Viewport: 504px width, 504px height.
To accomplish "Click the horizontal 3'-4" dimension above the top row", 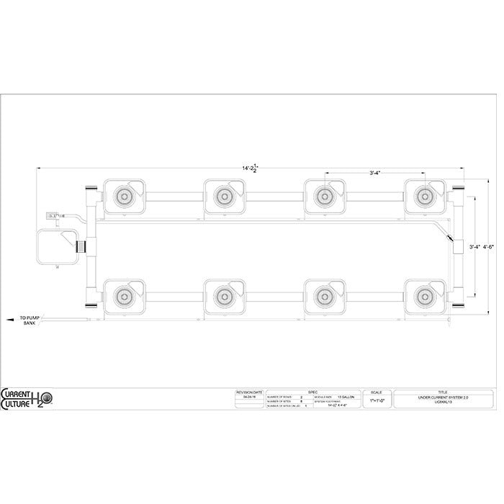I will (375, 173).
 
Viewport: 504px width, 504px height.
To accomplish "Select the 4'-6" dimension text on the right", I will (488, 246).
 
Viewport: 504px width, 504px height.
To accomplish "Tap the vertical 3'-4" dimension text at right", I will (474, 246).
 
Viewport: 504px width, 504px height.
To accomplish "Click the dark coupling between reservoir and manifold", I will (81, 246).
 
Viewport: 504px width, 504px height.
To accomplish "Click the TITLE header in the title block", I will (442, 392).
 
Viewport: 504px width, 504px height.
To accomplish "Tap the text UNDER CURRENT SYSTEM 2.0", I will (442, 397).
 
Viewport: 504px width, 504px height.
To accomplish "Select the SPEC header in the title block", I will (312, 392).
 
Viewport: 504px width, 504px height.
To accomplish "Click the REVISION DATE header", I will (249, 392).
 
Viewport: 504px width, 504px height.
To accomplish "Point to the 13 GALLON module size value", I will (346, 397).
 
